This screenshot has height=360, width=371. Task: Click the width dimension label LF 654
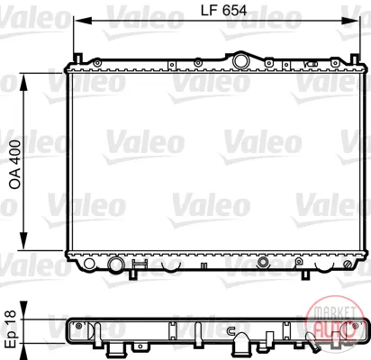pos(223,11)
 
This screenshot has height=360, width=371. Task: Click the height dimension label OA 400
pos(15,165)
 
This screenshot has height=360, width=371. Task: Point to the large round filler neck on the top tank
pos(241,60)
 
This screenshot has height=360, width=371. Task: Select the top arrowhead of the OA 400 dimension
pos(23,81)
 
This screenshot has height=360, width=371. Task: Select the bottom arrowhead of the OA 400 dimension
pos(23,242)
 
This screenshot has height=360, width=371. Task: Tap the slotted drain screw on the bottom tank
pos(348,264)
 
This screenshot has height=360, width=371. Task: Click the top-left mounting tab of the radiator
pos(77,58)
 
